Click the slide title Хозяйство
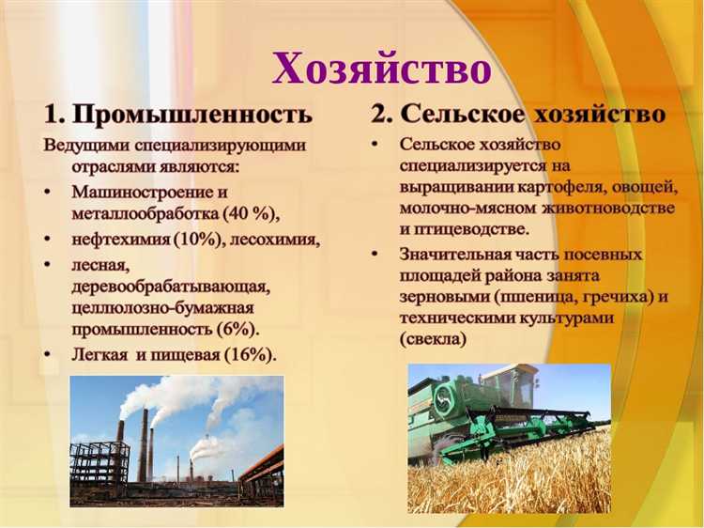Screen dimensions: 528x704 (x=381, y=68)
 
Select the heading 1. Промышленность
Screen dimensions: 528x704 (x=177, y=115)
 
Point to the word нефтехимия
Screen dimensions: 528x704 (x=121, y=240)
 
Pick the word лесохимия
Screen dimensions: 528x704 (x=273, y=240)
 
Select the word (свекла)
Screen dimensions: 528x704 (x=433, y=338)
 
